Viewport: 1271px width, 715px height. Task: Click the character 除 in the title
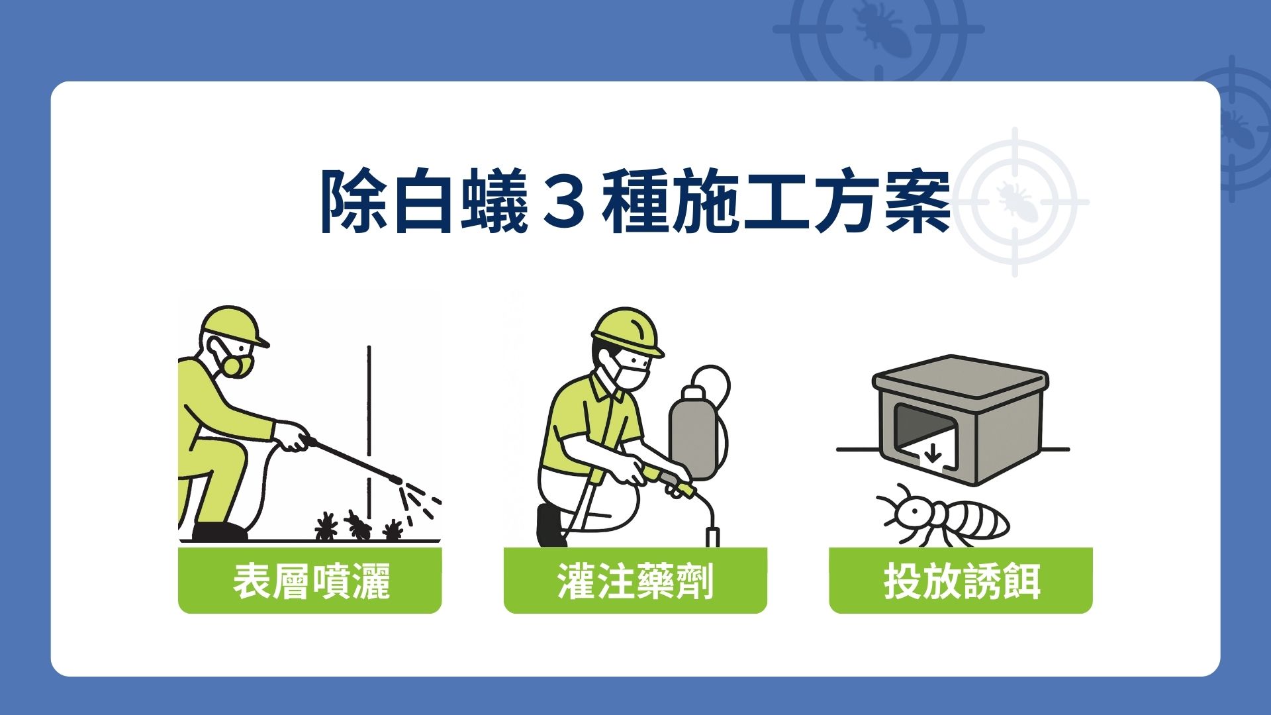(353, 201)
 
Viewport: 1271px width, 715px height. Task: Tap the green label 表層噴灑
(310, 581)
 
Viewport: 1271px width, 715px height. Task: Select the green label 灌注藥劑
(635, 581)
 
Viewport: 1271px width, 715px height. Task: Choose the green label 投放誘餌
(961, 581)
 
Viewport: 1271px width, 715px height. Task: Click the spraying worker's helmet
(231, 324)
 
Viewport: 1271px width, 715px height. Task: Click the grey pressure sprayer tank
(692, 434)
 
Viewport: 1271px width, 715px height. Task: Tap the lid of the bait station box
(960, 377)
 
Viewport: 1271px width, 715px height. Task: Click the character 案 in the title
(918, 201)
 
